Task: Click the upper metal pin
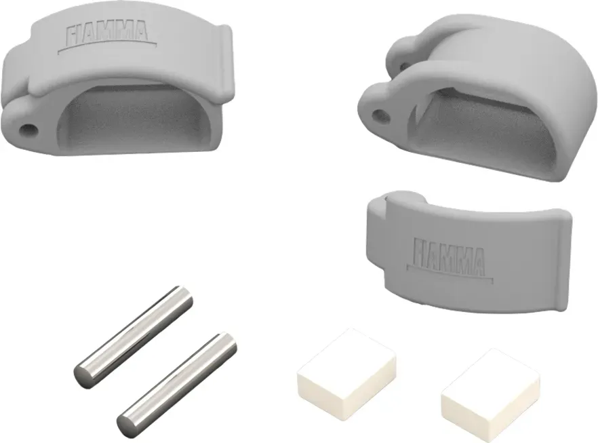[x=133, y=337]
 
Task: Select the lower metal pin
[x=176, y=384]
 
